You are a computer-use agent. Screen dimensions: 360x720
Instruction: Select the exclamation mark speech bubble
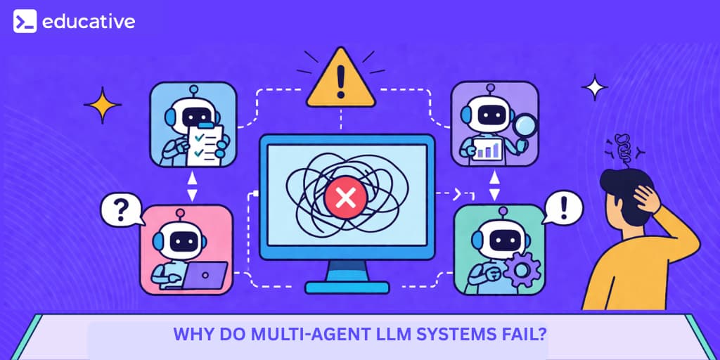563,208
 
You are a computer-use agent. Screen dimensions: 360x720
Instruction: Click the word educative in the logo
88,22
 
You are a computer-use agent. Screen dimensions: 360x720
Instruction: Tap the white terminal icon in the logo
25,22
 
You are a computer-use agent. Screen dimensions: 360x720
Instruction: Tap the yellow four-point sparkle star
103,105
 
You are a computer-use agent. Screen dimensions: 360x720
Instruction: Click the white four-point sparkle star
594,88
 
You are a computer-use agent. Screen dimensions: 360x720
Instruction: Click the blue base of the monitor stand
347,287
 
